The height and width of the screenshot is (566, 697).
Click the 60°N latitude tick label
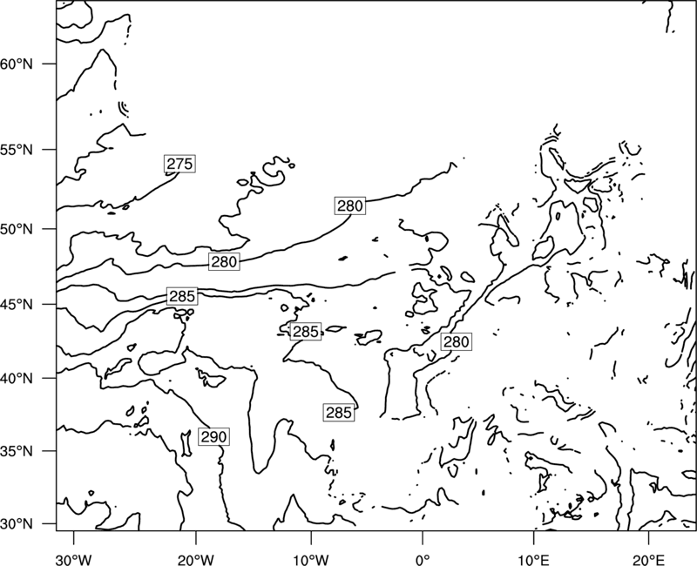pyautogui.click(x=17, y=64)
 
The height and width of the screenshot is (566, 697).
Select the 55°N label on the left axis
pyautogui.click(x=17, y=150)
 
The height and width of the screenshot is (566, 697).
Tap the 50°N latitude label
pyautogui.click(x=17, y=229)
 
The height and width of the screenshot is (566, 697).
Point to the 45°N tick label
pyautogui.click(x=17, y=305)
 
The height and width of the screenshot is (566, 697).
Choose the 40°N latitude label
pyautogui.click(x=17, y=379)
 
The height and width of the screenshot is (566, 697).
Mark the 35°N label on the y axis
pyautogui.click(x=17, y=451)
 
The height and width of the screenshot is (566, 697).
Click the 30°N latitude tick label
pyautogui.click(x=17, y=524)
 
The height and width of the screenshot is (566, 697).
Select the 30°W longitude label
pyautogui.click(x=74, y=560)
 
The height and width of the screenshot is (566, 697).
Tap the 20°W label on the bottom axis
pyautogui.click(x=196, y=560)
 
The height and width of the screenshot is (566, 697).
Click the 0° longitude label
pyautogui.click(x=423, y=560)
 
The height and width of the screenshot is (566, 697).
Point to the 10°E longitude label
pyautogui.click(x=533, y=560)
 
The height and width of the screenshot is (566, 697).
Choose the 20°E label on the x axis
pyautogui.click(x=648, y=560)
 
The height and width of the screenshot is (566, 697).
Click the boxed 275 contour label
pyautogui.click(x=179, y=164)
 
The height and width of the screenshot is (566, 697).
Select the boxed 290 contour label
pyautogui.click(x=213, y=437)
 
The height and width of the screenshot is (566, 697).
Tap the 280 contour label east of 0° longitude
pyautogui.click(x=456, y=341)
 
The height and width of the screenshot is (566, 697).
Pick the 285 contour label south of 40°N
pyautogui.click(x=339, y=413)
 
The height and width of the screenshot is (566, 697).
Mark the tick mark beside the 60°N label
pyautogui.click(x=50, y=64)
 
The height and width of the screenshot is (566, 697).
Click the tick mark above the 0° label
pyautogui.click(x=423, y=537)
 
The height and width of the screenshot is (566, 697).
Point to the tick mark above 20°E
pyautogui.click(x=648, y=537)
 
